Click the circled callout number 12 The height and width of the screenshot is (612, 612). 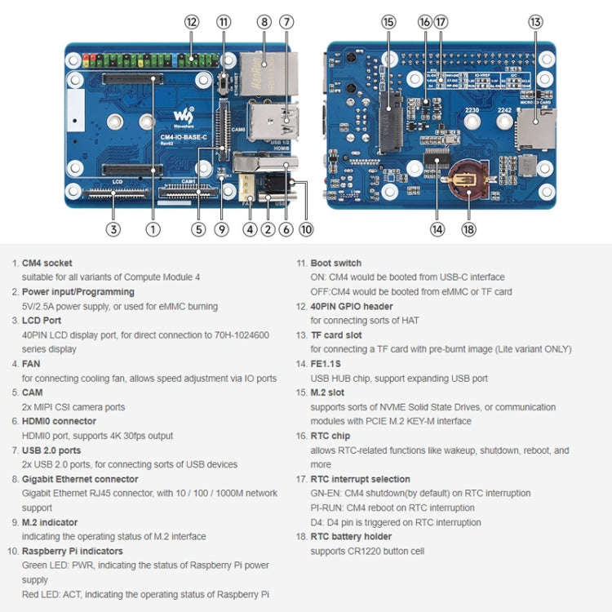click(x=192, y=22)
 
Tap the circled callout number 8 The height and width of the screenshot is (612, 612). click(x=264, y=22)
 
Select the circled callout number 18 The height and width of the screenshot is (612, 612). click(x=468, y=229)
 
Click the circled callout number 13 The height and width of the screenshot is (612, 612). click(x=535, y=22)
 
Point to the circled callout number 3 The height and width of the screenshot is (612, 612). click(x=113, y=229)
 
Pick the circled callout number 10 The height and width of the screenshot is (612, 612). click(x=306, y=229)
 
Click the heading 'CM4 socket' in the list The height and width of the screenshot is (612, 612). click(x=47, y=264)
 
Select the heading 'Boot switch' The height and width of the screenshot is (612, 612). click(x=335, y=264)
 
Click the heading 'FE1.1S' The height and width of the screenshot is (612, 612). click(x=327, y=364)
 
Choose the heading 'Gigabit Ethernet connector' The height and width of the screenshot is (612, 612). click(x=80, y=479)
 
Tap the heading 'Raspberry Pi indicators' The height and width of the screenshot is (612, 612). click(x=73, y=552)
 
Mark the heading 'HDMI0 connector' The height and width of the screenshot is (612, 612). click(x=59, y=422)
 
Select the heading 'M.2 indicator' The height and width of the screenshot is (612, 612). click(x=50, y=522)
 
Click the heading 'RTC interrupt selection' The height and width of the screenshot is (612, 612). click(x=360, y=479)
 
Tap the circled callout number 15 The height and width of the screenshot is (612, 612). click(x=388, y=22)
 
